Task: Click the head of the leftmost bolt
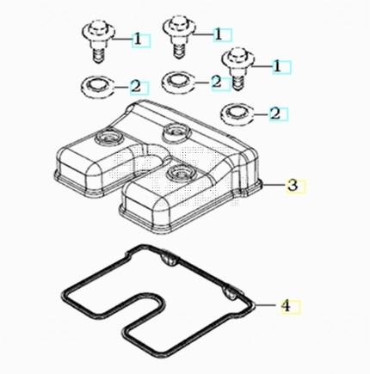[99, 31]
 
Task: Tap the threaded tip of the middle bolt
[179, 52]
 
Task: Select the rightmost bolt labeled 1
[238, 68]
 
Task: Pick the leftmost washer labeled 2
[98, 85]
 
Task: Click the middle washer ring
[178, 81]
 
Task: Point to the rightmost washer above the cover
[237, 113]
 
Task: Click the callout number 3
[293, 185]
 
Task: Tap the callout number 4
[286, 305]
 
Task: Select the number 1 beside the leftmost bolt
[138, 39]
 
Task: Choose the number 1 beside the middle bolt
[219, 34]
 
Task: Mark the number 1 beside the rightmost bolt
[277, 66]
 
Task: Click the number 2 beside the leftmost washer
[136, 87]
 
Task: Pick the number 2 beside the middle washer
[217, 83]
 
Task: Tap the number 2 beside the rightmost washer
[275, 114]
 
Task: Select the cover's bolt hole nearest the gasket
[181, 172]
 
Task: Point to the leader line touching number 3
[274, 185]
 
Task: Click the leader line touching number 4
[267, 305]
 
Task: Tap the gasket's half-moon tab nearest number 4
[231, 293]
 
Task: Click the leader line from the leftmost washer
[122, 87]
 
